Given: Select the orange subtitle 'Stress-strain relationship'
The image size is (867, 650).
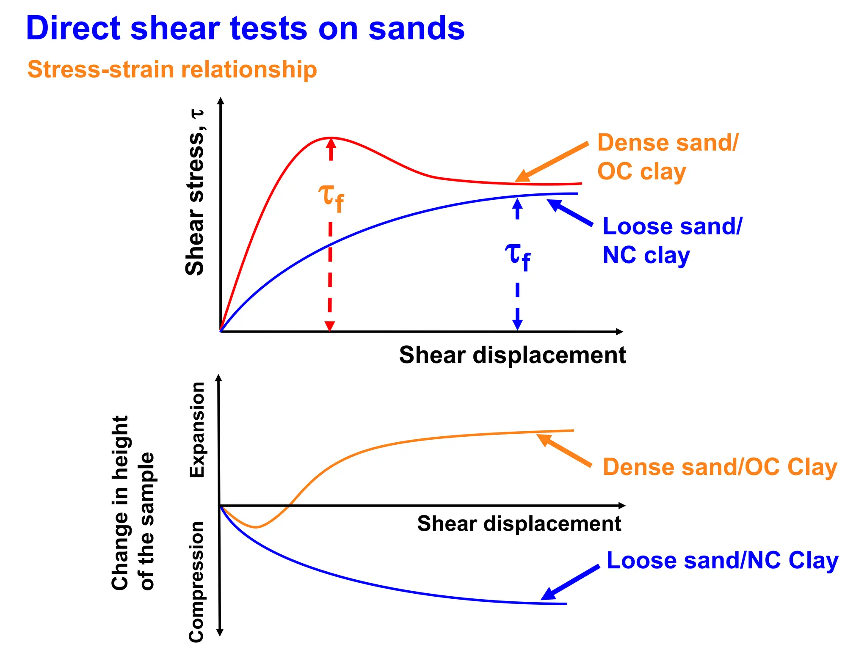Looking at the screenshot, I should (172, 69).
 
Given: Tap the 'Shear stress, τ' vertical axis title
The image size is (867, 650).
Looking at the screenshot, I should (195, 193).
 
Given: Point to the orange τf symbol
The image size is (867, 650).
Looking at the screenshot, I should (331, 198).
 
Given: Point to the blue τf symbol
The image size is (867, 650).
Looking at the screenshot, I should (517, 256).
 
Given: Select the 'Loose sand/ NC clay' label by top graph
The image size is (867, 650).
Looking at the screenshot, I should (671, 241).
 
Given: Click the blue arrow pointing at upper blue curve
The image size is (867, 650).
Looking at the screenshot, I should (569, 212).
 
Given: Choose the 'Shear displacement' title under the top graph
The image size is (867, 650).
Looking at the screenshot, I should (512, 355).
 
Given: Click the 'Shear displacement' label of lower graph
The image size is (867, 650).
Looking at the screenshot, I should (519, 523).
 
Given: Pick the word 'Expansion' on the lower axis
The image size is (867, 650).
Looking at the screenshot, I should (197, 430).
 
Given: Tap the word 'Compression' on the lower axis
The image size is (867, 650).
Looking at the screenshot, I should (196, 582).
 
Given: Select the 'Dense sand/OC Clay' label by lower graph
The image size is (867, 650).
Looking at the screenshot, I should (720, 467).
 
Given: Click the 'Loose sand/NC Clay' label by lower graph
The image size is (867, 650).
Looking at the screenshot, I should (722, 560).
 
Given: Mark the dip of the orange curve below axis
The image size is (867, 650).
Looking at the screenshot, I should (256, 527).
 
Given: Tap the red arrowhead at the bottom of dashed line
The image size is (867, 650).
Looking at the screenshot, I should (329, 326).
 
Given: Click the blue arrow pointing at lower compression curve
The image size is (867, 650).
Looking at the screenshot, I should (570, 583).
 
